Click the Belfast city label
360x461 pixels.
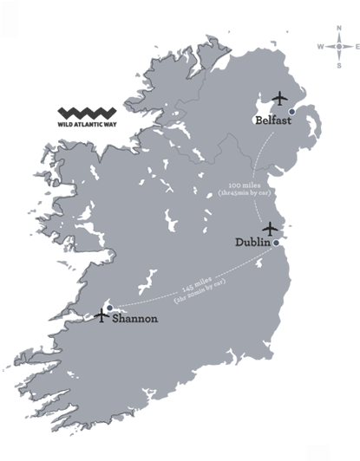[x=272, y=121]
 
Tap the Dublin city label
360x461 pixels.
[x=252, y=243]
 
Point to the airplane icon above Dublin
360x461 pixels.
[x=270, y=228]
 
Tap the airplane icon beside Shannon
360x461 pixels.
[x=103, y=316]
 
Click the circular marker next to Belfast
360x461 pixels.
[x=291, y=112]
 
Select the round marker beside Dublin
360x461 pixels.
[x=276, y=243]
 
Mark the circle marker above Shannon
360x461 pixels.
[x=109, y=307]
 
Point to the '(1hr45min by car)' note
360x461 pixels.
[x=245, y=193]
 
